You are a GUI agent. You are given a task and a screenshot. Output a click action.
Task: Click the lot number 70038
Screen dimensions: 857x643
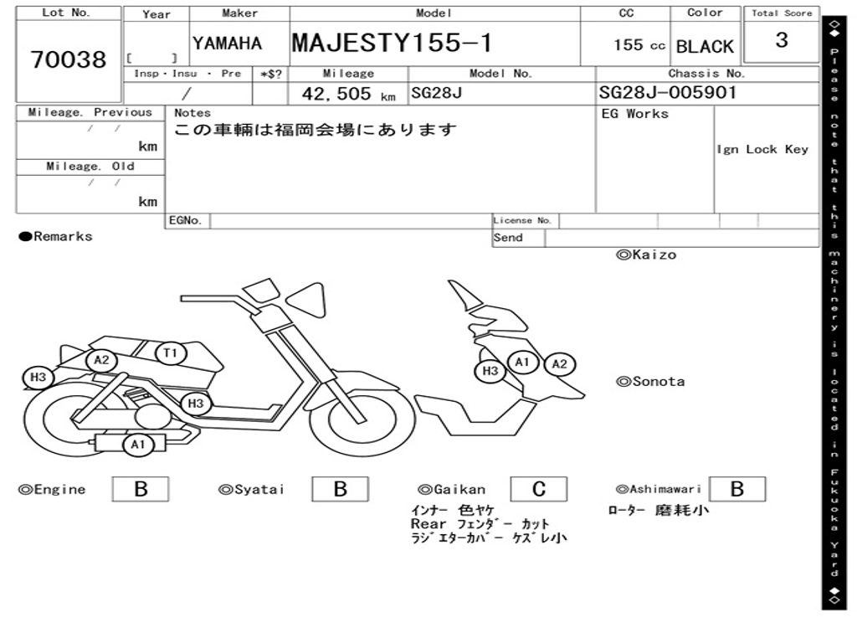pyautogui.click(x=69, y=60)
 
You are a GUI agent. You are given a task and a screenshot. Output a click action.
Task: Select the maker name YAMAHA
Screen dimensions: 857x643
pyautogui.click(x=227, y=44)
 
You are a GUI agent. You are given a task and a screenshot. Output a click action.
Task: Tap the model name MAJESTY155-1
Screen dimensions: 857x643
pyautogui.click(x=393, y=43)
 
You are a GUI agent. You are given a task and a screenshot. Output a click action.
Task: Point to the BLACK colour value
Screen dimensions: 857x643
pyautogui.click(x=705, y=47)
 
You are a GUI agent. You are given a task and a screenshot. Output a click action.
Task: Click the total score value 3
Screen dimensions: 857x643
pyautogui.click(x=781, y=40)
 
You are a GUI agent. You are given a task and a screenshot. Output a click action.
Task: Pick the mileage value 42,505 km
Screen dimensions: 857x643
pyautogui.click(x=348, y=94)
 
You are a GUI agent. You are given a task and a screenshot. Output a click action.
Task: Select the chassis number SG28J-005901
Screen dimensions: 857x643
pyautogui.click(x=668, y=92)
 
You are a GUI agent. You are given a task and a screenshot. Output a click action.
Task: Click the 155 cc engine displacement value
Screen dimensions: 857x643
pyautogui.click(x=639, y=45)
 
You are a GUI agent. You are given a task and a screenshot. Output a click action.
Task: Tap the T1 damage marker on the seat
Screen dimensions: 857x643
pyautogui.click(x=171, y=353)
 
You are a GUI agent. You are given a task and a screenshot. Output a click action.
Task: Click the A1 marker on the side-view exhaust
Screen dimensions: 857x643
pyautogui.click(x=137, y=445)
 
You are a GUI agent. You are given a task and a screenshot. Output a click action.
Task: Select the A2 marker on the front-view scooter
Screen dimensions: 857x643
pyautogui.click(x=560, y=364)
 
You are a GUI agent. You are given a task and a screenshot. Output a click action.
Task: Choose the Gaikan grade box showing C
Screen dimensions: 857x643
pyautogui.click(x=539, y=489)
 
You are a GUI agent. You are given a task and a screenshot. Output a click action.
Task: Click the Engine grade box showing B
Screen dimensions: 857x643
pyautogui.click(x=141, y=489)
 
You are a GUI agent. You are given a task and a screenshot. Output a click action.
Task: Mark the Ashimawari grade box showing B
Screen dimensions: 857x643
pyautogui.click(x=737, y=489)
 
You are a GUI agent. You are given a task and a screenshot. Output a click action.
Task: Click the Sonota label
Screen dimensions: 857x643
pyautogui.click(x=650, y=382)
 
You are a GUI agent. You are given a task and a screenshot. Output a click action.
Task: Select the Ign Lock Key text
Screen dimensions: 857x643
pyautogui.click(x=762, y=150)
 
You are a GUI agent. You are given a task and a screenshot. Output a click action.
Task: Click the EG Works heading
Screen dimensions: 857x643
pyautogui.click(x=635, y=114)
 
